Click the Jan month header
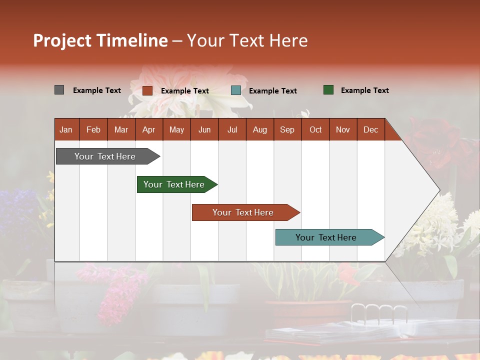click(66, 129)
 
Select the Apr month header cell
click(149, 129)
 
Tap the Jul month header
click(232, 129)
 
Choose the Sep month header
click(287, 129)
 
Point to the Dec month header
click(370, 129)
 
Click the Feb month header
click(93, 129)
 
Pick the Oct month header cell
click(315, 129)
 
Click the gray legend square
click(59, 90)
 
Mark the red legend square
click(147, 90)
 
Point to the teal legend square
click(236, 90)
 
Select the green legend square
click(328, 90)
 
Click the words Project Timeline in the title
click(100, 40)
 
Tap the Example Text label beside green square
click(364, 90)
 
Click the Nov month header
click(343, 129)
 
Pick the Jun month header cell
click(204, 129)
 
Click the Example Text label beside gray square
click(97, 90)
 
